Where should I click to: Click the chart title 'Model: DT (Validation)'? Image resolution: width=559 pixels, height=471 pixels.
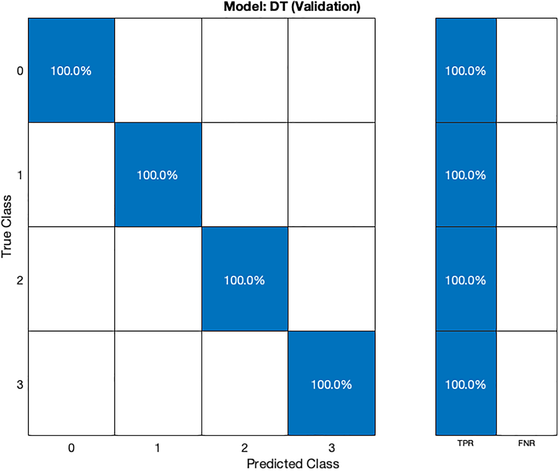[292, 6]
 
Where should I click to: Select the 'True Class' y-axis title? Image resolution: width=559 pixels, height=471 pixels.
[6, 226]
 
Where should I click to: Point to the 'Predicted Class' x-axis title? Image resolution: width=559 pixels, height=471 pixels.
[293, 463]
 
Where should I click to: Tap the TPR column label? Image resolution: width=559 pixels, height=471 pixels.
[465, 443]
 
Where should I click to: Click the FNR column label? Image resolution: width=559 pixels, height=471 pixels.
[526, 443]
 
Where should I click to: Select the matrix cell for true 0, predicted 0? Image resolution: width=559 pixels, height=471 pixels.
[71, 70]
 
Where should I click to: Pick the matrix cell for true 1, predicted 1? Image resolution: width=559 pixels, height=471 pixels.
[158, 175]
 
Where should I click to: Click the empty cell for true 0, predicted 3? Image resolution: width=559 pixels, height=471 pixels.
[331, 70]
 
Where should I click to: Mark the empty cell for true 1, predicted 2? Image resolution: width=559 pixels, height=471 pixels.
[244, 175]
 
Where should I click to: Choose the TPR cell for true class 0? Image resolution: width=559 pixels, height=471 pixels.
[466, 70]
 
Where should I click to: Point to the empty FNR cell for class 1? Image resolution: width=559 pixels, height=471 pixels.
[526, 175]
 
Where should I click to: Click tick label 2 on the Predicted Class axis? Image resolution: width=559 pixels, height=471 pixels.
[244, 448]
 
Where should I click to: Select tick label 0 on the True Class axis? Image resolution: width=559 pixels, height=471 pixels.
[20, 71]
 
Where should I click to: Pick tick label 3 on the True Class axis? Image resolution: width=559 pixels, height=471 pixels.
[20, 384]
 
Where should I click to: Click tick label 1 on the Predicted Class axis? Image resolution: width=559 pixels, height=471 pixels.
[157, 448]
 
